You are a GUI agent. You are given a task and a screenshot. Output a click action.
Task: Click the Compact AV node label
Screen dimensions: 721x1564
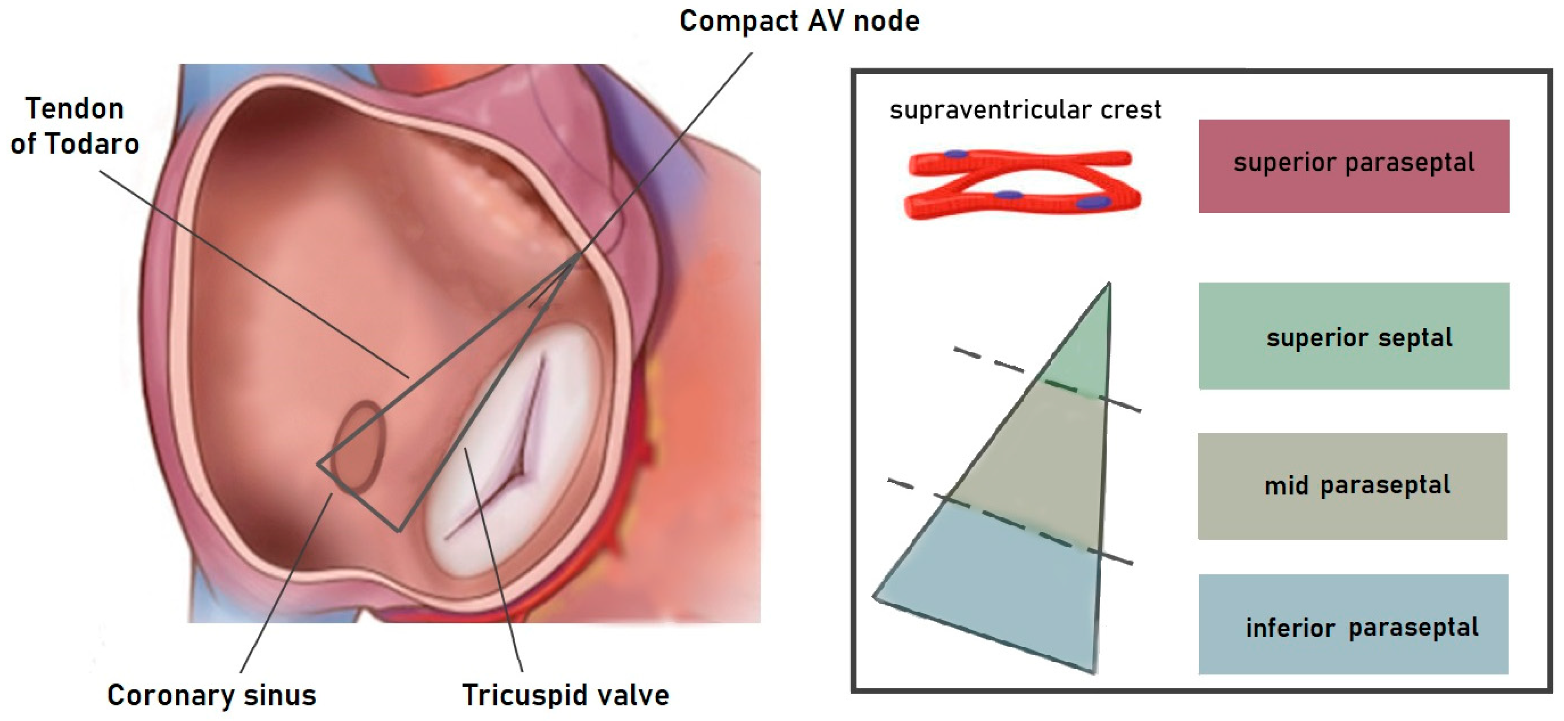pos(799,21)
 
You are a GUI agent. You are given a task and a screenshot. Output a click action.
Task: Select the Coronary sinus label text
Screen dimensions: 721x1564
pos(211,694)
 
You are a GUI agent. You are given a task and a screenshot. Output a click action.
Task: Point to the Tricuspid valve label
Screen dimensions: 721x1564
pos(565,694)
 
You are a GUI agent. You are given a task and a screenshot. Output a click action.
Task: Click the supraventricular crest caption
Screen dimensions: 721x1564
pos(1025,110)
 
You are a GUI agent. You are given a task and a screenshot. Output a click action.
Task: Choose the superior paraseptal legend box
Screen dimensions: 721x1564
pos(1353,166)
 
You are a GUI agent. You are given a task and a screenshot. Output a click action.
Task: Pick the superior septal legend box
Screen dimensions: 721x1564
pos(1353,335)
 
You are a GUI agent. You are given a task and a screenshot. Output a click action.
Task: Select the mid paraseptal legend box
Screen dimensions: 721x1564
pos(1352,486)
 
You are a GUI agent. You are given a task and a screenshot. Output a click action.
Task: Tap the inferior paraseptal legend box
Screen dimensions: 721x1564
pos(1353,624)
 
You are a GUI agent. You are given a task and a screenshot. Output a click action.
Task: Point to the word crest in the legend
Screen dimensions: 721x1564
pos(1132,110)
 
